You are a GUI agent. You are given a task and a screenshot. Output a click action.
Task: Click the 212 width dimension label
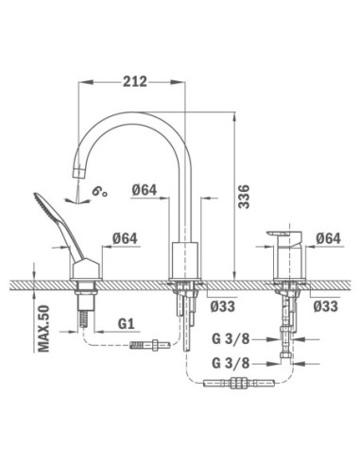(x=135, y=81)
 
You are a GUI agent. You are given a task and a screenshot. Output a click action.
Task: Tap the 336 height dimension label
(x=244, y=197)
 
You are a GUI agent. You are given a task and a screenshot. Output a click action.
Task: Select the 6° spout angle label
(x=99, y=191)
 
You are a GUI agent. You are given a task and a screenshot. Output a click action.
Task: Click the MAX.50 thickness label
(x=43, y=328)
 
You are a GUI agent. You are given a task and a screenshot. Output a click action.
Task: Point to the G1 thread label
(x=127, y=323)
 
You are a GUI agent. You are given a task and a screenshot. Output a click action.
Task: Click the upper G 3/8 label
(x=231, y=339)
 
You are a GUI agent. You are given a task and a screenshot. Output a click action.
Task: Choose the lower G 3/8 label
(x=231, y=363)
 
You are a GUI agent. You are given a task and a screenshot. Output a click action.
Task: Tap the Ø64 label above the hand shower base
(x=125, y=238)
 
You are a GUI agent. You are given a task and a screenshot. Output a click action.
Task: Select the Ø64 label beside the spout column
(x=145, y=190)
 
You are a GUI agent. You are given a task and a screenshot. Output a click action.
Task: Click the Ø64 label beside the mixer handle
(x=329, y=238)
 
